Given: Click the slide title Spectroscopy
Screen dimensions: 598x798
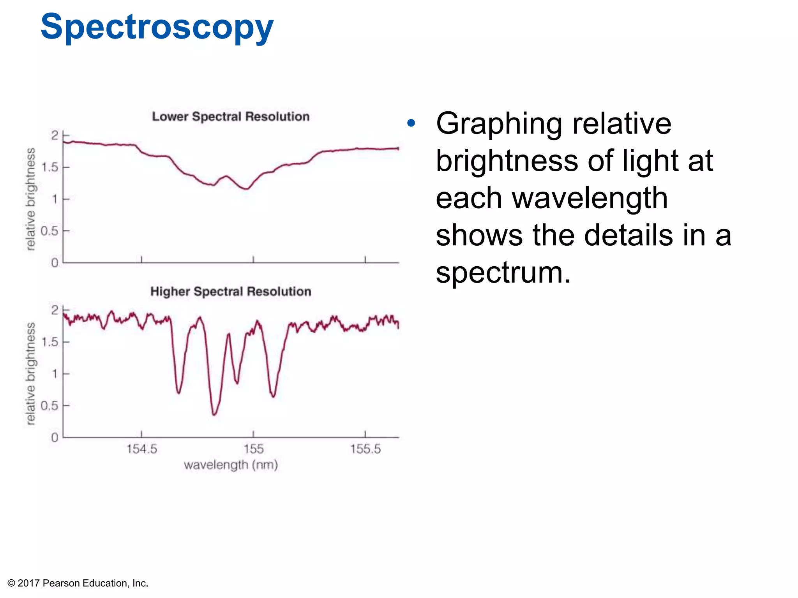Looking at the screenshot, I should pos(157,27).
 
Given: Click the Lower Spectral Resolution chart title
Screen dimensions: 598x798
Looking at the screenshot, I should pos(231,116).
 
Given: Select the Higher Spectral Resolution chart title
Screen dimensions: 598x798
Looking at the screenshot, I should pos(231,291).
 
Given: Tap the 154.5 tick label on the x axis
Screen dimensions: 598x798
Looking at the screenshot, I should pos(141,449).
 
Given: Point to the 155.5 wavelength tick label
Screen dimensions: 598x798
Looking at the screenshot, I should pos(365,449).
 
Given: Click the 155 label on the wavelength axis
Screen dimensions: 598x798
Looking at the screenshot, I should pos(253,449).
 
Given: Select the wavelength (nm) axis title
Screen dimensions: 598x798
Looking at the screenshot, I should pos(231,465).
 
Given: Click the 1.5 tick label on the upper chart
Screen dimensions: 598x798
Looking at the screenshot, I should pos(49,167).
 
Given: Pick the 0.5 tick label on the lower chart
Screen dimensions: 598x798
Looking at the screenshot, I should pos(49,406).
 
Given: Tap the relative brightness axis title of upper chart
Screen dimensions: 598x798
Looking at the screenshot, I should pos(30,199).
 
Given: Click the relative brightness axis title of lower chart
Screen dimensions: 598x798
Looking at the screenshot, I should pos(30,373).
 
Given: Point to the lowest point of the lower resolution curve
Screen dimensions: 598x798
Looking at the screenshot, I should pos(246,189).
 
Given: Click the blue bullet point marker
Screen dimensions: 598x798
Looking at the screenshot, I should pos(411,124).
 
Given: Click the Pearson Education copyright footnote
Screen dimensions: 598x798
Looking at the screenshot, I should pos(78,583).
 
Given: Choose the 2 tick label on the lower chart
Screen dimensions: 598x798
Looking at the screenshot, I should pos(55,310).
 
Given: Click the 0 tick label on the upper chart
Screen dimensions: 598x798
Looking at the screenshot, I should pos(55,263).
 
